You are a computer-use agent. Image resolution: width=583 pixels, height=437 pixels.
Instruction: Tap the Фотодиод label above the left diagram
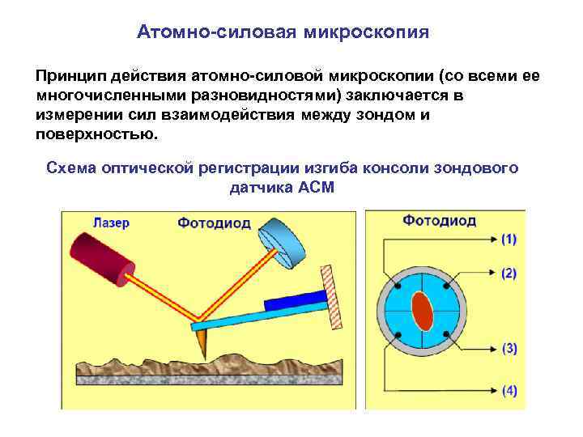tap(214, 223)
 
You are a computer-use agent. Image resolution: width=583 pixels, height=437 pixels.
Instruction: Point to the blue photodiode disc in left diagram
tap(284, 245)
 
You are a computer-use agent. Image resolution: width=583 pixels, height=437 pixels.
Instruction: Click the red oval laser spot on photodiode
tap(420, 312)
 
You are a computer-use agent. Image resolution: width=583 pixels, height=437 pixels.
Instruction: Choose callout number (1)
tap(509, 240)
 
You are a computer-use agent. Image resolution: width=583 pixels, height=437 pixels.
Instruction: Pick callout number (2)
tap(509, 274)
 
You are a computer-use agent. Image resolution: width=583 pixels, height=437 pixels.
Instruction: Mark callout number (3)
tap(509, 349)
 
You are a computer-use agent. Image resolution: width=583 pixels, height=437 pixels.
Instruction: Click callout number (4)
tap(509, 390)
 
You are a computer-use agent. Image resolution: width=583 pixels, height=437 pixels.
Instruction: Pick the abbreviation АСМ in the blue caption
tap(317, 187)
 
